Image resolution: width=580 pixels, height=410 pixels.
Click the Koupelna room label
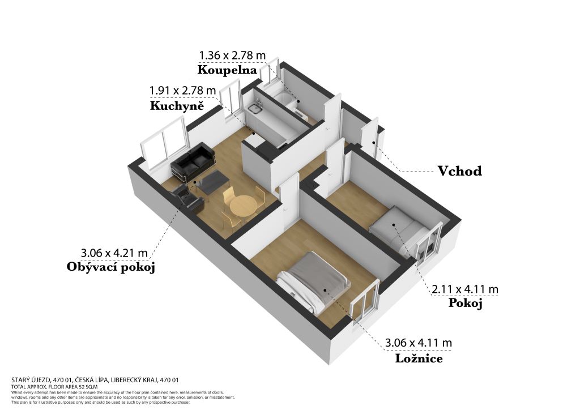pyautogui.click(x=227, y=70)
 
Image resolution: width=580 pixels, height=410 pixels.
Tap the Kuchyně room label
pyautogui.click(x=177, y=106)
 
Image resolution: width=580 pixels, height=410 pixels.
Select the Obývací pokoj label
pyautogui.click(x=110, y=267)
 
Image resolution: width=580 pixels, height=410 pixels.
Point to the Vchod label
pyautogui.click(x=460, y=171)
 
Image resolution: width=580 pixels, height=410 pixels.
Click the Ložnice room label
pyautogui.click(x=419, y=358)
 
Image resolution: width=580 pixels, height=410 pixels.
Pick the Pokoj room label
pyautogui.click(x=466, y=304)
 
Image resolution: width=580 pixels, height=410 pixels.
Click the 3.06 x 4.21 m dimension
pyautogui.click(x=114, y=253)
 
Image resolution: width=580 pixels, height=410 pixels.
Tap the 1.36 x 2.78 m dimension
pyautogui.click(x=232, y=55)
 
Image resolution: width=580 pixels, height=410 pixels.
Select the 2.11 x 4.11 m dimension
pyautogui.click(x=465, y=289)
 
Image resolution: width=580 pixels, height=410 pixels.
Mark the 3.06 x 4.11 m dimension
pyautogui.click(x=419, y=343)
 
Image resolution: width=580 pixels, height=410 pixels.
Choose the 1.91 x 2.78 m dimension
pyautogui.click(x=182, y=90)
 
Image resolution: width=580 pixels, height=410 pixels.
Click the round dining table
pyautogui.click(x=242, y=204)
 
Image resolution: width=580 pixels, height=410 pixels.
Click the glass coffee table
pyautogui.click(x=211, y=182)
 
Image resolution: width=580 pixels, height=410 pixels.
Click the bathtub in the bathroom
pyautogui.click(x=285, y=99)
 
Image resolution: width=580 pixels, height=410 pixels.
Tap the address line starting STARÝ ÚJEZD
pyautogui.click(x=95, y=379)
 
